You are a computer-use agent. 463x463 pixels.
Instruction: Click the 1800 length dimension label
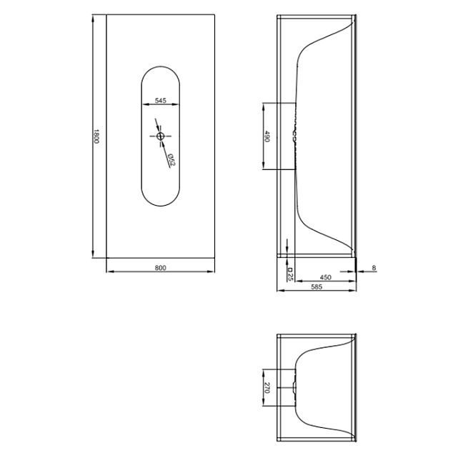[x=96, y=136]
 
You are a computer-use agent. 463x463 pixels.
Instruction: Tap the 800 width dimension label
[x=160, y=268]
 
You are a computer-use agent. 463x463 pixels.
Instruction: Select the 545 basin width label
[x=160, y=101]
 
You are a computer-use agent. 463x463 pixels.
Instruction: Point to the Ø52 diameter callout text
[x=171, y=159]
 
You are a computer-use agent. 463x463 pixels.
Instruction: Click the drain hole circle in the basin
[x=160, y=136]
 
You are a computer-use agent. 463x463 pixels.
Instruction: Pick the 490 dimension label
[x=267, y=136]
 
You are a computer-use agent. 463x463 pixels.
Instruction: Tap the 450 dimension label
[x=325, y=277]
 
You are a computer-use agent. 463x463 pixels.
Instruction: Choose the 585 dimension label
[x=317, y=287]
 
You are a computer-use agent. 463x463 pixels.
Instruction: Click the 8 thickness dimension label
[x=374, y=268]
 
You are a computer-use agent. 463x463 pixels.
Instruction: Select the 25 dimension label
[x=290, y=274]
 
